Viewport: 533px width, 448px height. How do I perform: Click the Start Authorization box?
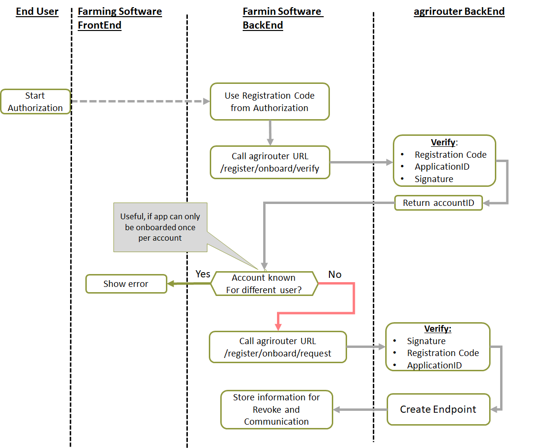click(35, 102)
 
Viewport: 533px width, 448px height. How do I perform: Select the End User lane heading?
click(37, 12)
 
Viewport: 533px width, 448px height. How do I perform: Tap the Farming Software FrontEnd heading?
click(119, 18)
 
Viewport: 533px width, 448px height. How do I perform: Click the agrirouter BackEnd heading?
click(459, 12)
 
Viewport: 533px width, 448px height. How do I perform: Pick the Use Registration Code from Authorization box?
click(269, 102)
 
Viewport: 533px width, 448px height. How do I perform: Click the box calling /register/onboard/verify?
click(269, 162)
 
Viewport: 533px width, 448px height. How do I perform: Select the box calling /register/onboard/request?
click(277, 347)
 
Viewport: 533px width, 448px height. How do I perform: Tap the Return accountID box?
click(438, 203)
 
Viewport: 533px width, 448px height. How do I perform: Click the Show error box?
click(126, 284)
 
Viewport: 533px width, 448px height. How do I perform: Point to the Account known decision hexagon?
click(264, 284)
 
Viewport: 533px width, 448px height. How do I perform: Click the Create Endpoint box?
click(438, 409)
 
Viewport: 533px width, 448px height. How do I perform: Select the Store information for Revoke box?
click(277, 409)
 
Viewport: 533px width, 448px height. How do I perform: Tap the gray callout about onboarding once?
click(160, 227)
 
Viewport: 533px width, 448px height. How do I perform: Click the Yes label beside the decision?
click(203, 274)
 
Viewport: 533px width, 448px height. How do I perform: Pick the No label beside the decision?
click(335, 274)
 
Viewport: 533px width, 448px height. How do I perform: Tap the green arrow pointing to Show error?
click(189, 284)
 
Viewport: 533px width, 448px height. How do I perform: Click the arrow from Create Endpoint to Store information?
click(360, 409)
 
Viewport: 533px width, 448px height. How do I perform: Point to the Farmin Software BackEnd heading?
click(282, 18)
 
